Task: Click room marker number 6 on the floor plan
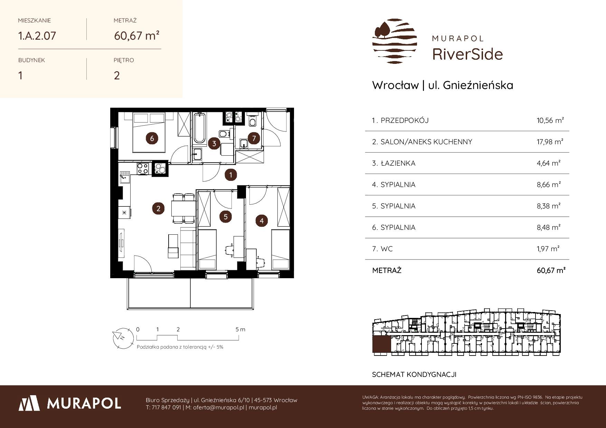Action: [152, 138]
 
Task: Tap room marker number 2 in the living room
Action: [158, 208]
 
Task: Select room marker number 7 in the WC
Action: [254, 138]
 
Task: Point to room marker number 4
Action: [262, 221]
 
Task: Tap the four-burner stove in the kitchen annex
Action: [143, 169]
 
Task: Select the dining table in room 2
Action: [183, 208]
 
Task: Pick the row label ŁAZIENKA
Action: [398, 163]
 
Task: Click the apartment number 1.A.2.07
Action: [37, 36]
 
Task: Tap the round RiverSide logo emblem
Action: [395, 41]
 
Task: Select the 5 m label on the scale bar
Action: [240, 329]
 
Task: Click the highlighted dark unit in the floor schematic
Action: [382, 344]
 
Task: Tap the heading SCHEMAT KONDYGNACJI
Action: [414, 374]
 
